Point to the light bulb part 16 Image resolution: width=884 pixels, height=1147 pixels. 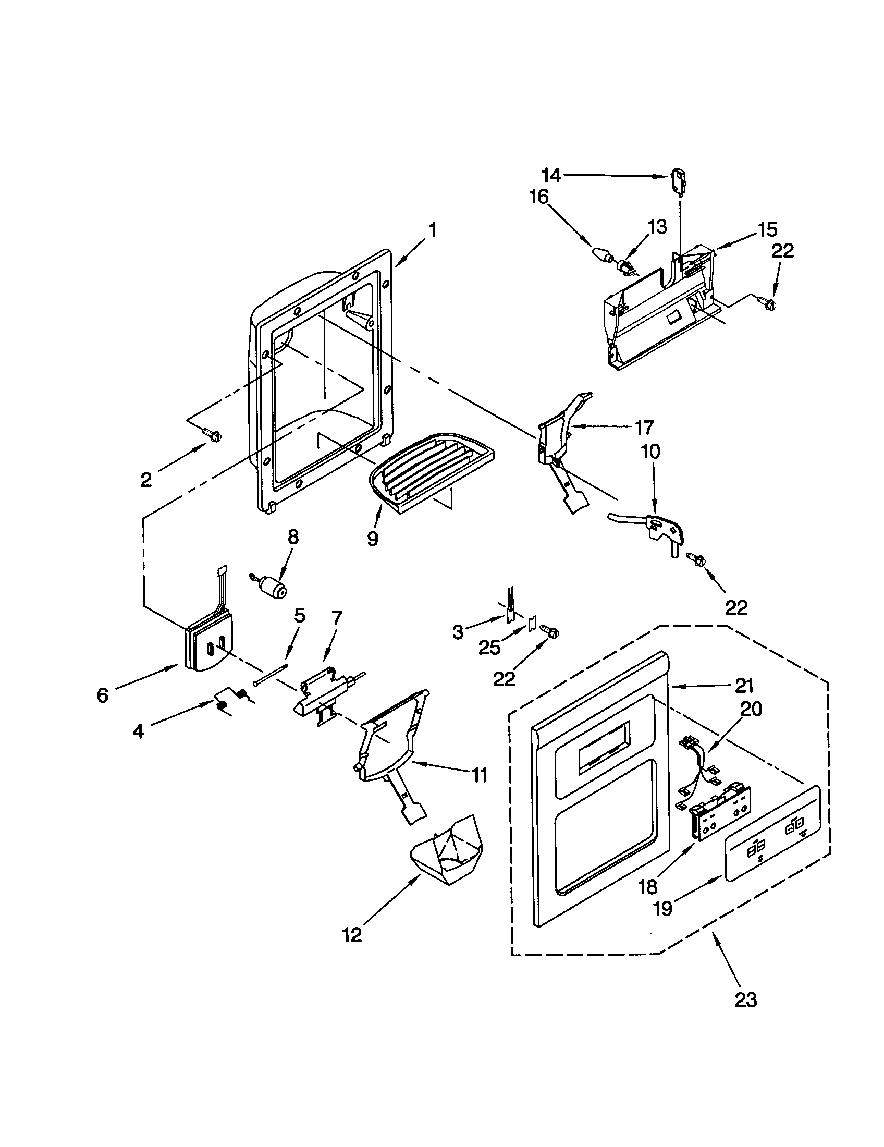point(601,255)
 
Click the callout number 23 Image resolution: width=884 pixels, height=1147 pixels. point(746,1000)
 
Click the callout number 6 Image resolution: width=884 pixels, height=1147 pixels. point(102,695)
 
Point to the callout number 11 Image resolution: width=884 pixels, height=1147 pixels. point(478,775)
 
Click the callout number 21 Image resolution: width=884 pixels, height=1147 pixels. point(744,686)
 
